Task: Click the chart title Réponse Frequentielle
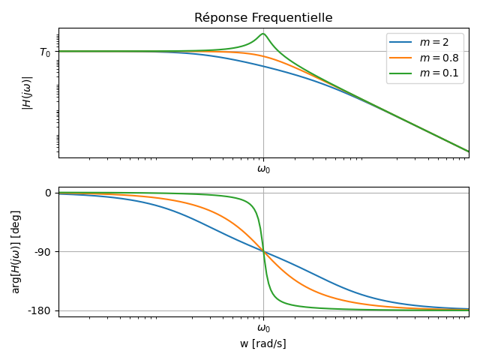tap(263, 18)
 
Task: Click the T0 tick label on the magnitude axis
tap(45, 52)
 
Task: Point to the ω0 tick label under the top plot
tap(263, 169)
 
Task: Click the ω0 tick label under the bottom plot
tap(263, 328)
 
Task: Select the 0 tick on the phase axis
tap(48, 193)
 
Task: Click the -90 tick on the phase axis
tap(43, 252)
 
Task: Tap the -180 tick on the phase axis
tap(40, 310)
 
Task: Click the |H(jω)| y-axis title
tap(27, 93)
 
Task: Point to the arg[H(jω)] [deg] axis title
tap(16, 251)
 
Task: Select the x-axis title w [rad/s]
tap(263, 343)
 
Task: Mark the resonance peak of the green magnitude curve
tap(263, 34)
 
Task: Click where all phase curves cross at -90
tap(263, 251)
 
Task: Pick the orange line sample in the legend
tap(402, 58)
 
